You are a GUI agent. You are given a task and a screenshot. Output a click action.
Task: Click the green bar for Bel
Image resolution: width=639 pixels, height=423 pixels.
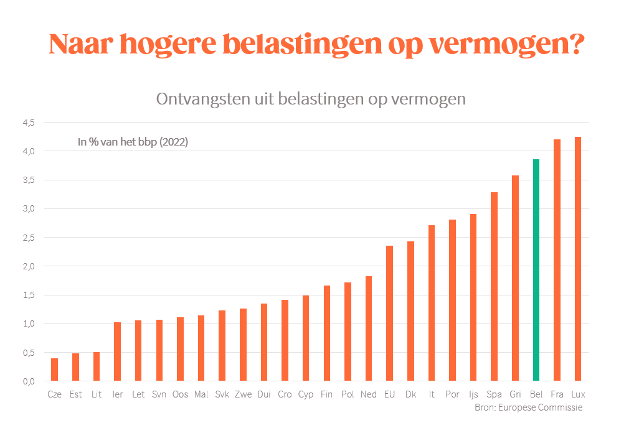536,270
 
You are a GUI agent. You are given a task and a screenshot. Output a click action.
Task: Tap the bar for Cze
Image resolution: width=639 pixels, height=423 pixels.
54,370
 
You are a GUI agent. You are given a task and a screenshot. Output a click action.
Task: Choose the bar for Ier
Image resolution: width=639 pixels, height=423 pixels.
117,351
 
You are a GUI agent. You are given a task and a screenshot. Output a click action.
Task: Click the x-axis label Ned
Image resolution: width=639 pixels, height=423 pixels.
368,394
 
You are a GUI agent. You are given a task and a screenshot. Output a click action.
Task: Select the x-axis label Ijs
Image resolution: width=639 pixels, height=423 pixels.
473,394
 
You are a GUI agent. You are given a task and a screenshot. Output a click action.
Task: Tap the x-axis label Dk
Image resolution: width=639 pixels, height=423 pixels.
410,394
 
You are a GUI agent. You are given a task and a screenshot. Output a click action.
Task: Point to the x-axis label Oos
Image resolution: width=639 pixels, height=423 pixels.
180,394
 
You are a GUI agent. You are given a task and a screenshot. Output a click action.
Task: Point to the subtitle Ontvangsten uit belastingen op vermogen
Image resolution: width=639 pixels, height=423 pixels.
311,99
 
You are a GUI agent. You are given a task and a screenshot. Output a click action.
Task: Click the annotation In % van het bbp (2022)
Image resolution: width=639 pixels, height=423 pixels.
133,142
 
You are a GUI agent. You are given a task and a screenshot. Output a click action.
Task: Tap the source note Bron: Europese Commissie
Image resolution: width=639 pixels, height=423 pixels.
528,407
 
